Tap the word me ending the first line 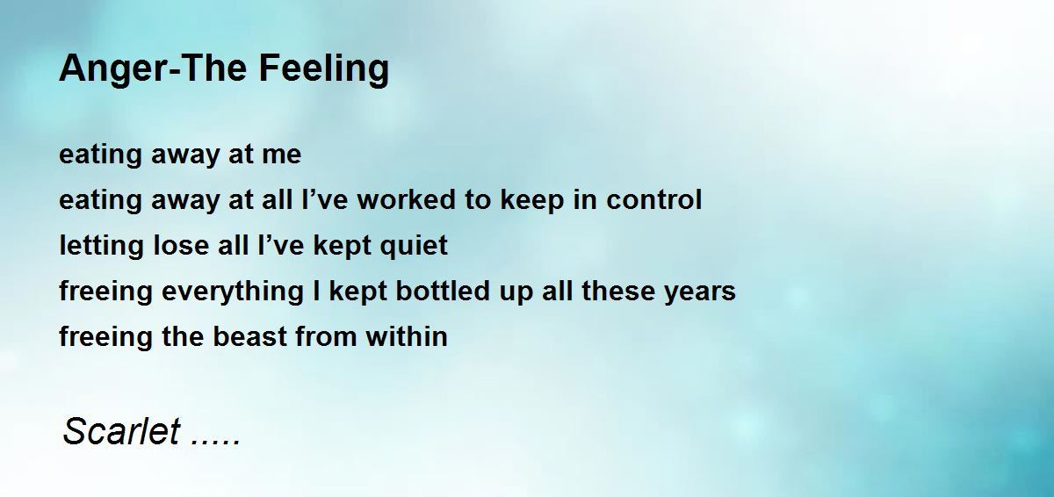click(281, 155)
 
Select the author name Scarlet click(122, 432)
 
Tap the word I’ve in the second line click(315, 200)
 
